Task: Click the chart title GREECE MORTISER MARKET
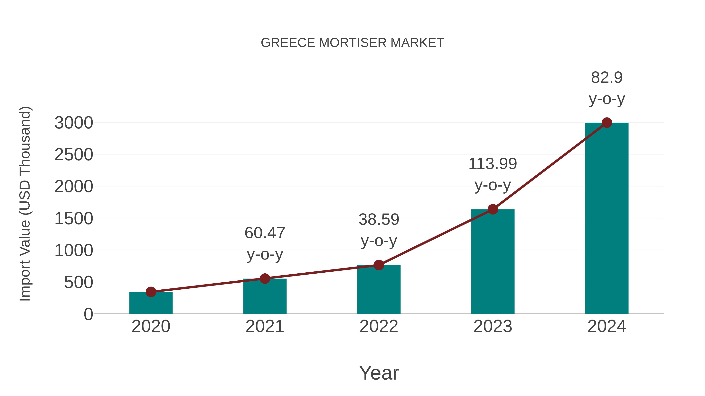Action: [x=352, y=43]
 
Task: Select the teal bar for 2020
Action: [x=151, y=303]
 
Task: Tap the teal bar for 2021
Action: [x=265, y=296]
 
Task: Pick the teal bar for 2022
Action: [x=379, y=290]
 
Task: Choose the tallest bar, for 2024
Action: [x=607, y=219]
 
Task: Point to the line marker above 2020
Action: [x=151, y=292]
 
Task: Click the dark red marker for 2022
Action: [x=379, y=265]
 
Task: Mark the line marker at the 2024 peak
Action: [x=607, y=123]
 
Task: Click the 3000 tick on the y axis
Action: [x=74, y=123]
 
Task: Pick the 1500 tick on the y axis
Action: [x=74, y=219]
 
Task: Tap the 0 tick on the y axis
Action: [x=88, y=314]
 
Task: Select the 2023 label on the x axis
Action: [x=493, y=326]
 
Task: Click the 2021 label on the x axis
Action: [x=265, y=326]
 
